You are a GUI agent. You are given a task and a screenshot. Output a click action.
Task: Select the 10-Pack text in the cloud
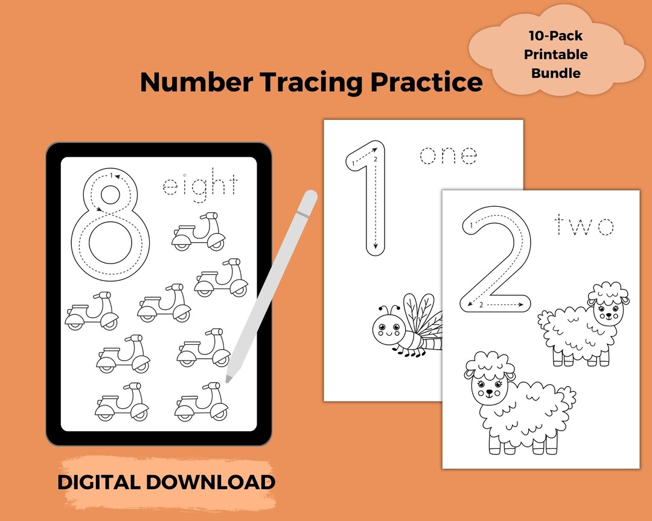tap(555, 35)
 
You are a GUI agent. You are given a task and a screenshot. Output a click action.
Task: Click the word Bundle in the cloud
tap(555, 74)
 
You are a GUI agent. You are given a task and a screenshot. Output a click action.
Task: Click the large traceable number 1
tap(368, 199)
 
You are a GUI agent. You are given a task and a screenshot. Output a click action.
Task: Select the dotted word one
tap(449, 156)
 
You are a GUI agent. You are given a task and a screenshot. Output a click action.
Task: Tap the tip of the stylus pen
tap(229, 379)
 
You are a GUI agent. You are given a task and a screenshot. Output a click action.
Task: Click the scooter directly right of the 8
tap(199, 232)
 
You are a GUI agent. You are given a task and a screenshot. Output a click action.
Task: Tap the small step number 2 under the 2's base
tap(481, 305)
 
